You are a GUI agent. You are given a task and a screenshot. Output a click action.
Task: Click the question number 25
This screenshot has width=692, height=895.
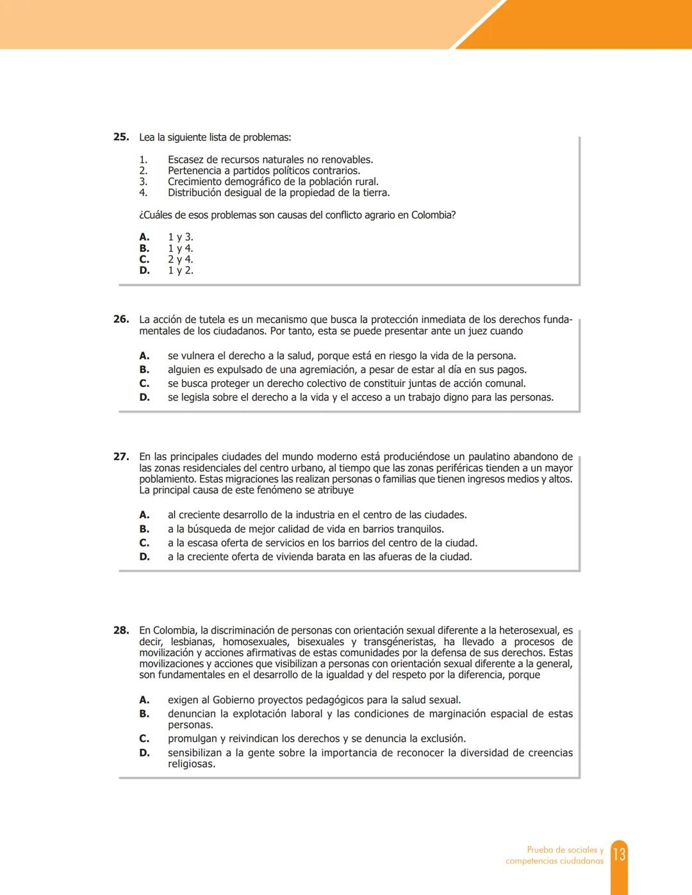click(x=120, y=137)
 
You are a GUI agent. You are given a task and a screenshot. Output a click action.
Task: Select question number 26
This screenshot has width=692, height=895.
click(x=120, y=319)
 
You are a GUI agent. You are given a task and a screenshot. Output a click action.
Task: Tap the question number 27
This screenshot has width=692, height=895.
click(x=120, y=457)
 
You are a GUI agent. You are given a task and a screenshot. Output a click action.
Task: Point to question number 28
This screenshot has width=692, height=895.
click(x=120, y=630)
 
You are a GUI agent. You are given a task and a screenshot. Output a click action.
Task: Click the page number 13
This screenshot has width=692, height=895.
click(x=619, y=855)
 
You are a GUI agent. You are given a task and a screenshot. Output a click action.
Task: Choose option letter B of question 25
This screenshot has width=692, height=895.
click(x=144, y=249)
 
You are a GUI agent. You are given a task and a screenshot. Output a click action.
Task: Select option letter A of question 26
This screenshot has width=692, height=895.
click(x=144, y=356)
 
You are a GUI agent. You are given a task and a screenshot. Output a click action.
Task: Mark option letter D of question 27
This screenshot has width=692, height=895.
click(x=144, y=557)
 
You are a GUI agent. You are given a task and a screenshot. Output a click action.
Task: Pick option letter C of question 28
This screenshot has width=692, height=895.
click(x=144, y=739)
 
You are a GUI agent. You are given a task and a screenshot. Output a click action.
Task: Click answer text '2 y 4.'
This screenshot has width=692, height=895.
click(x=180, y=259)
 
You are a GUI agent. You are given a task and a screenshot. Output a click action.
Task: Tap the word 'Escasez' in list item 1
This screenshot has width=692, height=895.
click(x=186, y=160)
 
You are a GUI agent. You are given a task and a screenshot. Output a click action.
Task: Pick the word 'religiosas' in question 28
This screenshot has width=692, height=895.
click(x=190, y=764)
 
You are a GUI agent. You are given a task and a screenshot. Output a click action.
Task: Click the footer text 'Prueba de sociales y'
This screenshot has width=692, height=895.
click(x=564, y=850)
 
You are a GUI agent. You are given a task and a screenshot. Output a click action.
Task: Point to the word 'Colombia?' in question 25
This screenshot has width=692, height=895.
click(x=433, y=215)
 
